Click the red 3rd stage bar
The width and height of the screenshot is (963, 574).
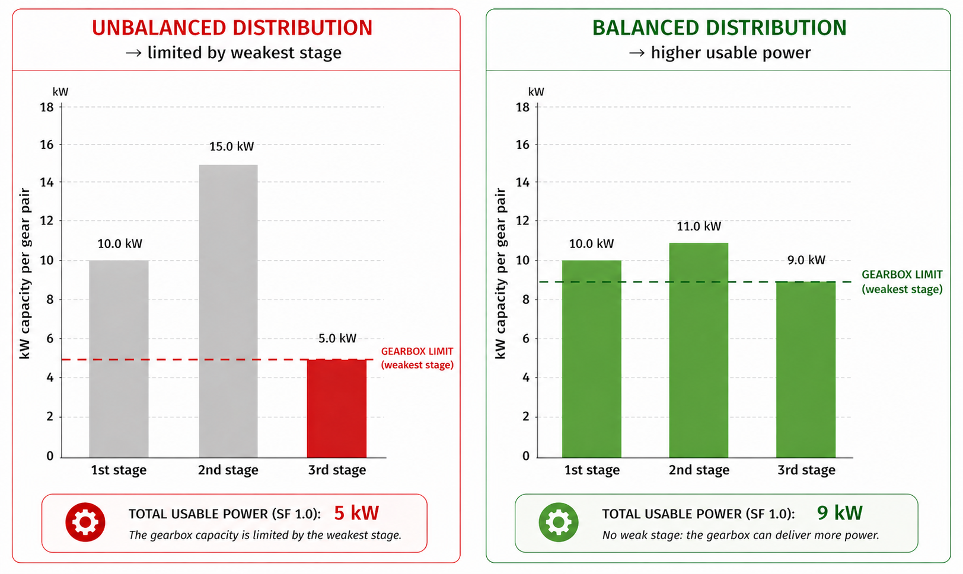tap(336, 408)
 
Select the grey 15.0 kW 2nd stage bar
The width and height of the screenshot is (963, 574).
tap(228, 311)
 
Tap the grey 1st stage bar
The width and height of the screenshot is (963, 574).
tap(119, 358)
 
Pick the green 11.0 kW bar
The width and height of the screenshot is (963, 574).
tap(699, 349)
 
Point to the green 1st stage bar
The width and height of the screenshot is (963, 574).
tap(591, 358)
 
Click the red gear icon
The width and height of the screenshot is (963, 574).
tap(85, 522)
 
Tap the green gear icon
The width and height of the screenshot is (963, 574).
tap(559, 522)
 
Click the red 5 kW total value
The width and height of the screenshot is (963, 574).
tap(356, 513)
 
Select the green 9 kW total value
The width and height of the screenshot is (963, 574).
tap(839, 513)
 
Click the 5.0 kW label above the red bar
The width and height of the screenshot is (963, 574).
tap(337, 338)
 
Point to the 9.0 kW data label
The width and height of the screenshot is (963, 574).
tap(806, 260)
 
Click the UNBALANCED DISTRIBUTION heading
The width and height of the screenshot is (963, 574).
tap(232, 28)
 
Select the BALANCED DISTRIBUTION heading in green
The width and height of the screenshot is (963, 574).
tap(719, 28)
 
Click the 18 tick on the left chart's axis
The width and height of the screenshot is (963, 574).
tap(47, 107)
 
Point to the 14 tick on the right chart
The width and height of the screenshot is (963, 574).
tap(522, 182)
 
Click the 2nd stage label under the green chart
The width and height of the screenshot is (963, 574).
tap(699, 470)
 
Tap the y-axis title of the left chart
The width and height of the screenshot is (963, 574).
tap(25, 273)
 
